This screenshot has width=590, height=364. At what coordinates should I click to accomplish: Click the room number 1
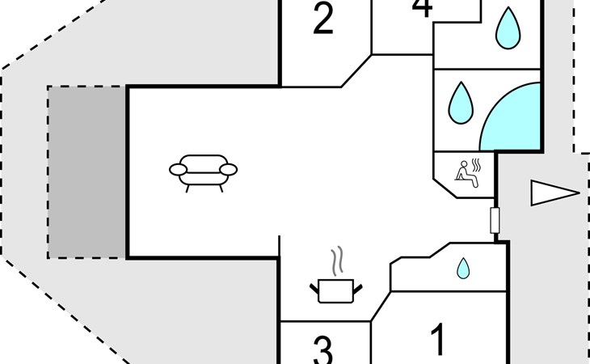[438, 341]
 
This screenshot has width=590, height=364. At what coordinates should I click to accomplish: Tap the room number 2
[323, 20]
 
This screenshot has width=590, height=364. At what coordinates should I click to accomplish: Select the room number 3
[322, 351]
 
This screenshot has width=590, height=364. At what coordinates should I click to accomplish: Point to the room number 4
[422, 8]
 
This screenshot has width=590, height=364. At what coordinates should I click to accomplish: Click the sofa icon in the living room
[204, 171]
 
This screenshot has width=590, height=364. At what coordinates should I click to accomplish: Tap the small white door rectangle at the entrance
[495, 219]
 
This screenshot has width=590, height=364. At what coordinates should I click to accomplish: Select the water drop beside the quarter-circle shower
[461, 102]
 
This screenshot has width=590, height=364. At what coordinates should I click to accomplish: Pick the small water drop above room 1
[463, 268]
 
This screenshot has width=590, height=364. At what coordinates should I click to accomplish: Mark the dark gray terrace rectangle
[86, 171]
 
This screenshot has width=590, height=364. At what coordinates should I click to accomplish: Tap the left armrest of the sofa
[179, 169]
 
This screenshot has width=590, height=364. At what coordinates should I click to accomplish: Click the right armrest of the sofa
[229, 169]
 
